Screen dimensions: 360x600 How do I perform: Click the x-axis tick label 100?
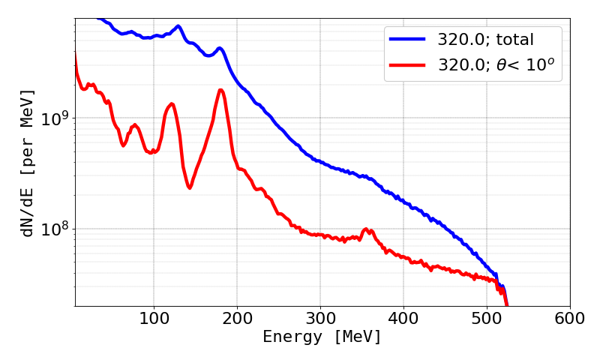(154, 317)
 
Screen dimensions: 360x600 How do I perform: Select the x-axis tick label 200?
(237, 317)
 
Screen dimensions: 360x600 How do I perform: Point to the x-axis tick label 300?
(320, 317)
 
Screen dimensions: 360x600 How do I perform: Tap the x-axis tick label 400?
(403, 317)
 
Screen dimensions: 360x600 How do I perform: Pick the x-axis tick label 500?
(487, 317)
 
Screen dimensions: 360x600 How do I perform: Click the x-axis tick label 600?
(570, 317)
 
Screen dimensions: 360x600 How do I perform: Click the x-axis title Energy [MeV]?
(322, 337)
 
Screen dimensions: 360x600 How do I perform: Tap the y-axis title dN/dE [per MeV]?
(28, 163)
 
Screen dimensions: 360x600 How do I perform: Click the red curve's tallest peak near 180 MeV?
(220, 90)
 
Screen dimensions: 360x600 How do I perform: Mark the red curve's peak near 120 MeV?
(172, 103)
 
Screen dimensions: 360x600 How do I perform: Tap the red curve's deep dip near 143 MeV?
(190, 187)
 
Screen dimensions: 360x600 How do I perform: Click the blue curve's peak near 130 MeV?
(178, 26)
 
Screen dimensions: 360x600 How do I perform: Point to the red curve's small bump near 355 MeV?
(366, 229)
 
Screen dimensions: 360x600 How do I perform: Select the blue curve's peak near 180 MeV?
(220, 49)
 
